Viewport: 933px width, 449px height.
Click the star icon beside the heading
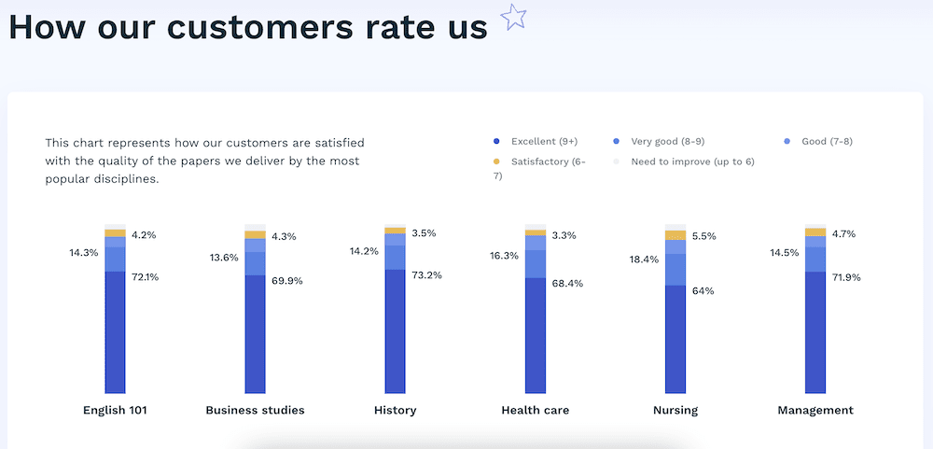[x=513, y=17]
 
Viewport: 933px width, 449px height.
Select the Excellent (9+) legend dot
[x=497, y=141]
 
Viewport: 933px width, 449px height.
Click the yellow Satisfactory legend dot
[x=497, y=161]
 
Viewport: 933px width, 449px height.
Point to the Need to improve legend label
[x=692, y=161]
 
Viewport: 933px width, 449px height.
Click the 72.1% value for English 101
[x=146, y=277]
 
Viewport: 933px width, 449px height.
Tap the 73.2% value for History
[x=426, y=275]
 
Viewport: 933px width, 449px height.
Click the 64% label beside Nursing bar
[x=703, y=290]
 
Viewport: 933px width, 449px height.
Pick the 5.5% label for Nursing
[x=703, y=236]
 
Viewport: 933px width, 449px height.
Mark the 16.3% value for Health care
[x=504, y=256]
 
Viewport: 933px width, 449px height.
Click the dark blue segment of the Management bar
[x=815, y=332]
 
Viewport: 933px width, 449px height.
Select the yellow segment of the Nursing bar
[x=675, y=235]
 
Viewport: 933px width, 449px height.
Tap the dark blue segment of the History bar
[x=395, y=331]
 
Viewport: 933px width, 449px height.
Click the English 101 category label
[x=115, y=411]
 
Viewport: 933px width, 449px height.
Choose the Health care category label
[x=535, y=411]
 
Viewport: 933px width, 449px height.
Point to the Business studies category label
[x=255, y=411]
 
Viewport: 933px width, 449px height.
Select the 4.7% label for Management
[x=843, y=234]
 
